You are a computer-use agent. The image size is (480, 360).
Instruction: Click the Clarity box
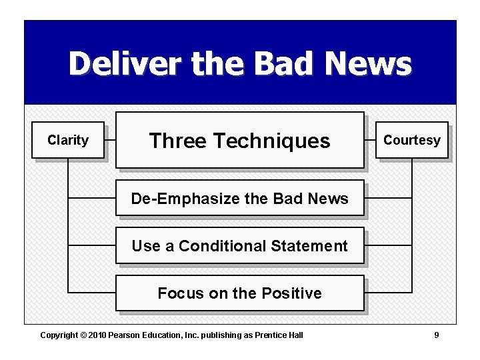click(68, 140)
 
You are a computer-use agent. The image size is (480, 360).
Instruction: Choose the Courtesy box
click(411, 140)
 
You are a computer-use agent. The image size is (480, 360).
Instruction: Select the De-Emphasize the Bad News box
click(240, 198)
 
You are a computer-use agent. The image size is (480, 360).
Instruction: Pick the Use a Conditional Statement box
click(240, 246)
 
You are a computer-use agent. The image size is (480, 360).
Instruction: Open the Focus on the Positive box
click(240, 293)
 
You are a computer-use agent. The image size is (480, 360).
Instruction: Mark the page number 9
click(437, 335)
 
